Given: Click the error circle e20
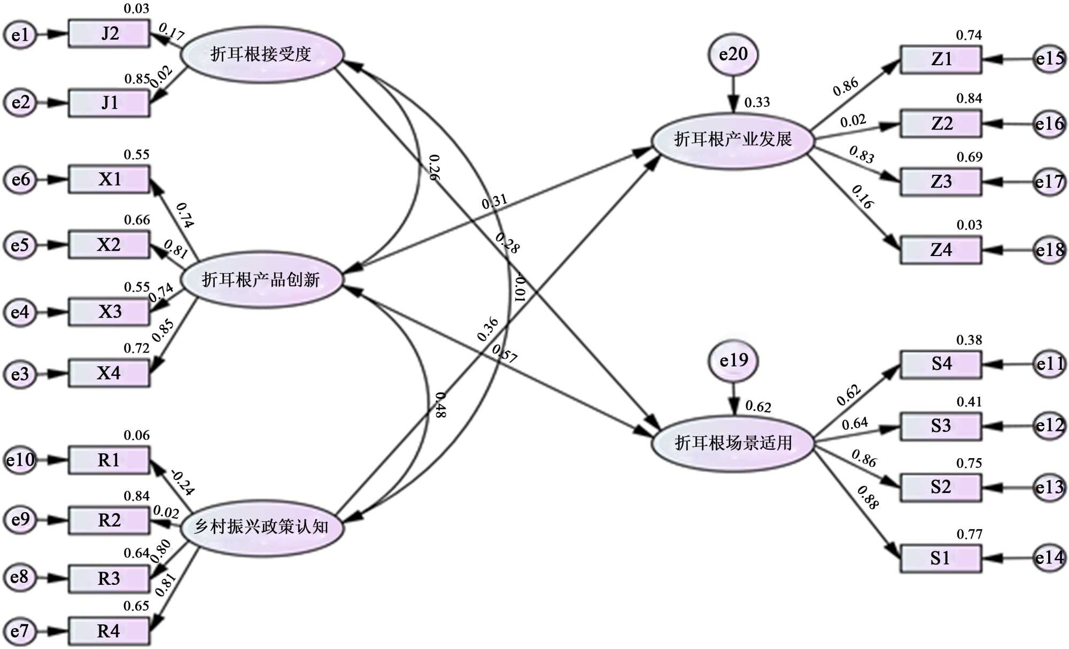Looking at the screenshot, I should coord(733,55).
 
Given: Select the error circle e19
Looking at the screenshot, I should coord(733,361).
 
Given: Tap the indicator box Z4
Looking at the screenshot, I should coord(941,250).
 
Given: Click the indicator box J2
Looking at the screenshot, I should coord(109,34).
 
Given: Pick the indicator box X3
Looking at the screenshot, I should coord(109,312).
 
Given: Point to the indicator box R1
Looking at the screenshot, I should coord(109,460).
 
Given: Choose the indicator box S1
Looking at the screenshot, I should coord(941,558).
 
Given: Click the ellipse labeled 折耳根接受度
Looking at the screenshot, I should coord(261,55).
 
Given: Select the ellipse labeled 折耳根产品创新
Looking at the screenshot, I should coord(261,280).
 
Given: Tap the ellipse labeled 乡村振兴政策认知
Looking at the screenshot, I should coord(261,527).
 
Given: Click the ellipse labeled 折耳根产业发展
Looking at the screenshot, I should coord(733,140).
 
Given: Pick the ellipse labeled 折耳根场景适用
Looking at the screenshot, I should coord(733,443).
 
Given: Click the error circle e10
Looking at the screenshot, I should coord(20,460).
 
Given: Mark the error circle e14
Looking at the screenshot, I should coord(1049,558).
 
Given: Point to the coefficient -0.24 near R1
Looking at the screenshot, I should coord(182,482).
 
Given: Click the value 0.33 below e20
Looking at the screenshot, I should coord(757,102).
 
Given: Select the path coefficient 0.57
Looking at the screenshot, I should coord(504,353).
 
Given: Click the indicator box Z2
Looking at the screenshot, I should coord(941,123).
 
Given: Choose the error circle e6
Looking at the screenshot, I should coord(20,180).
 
